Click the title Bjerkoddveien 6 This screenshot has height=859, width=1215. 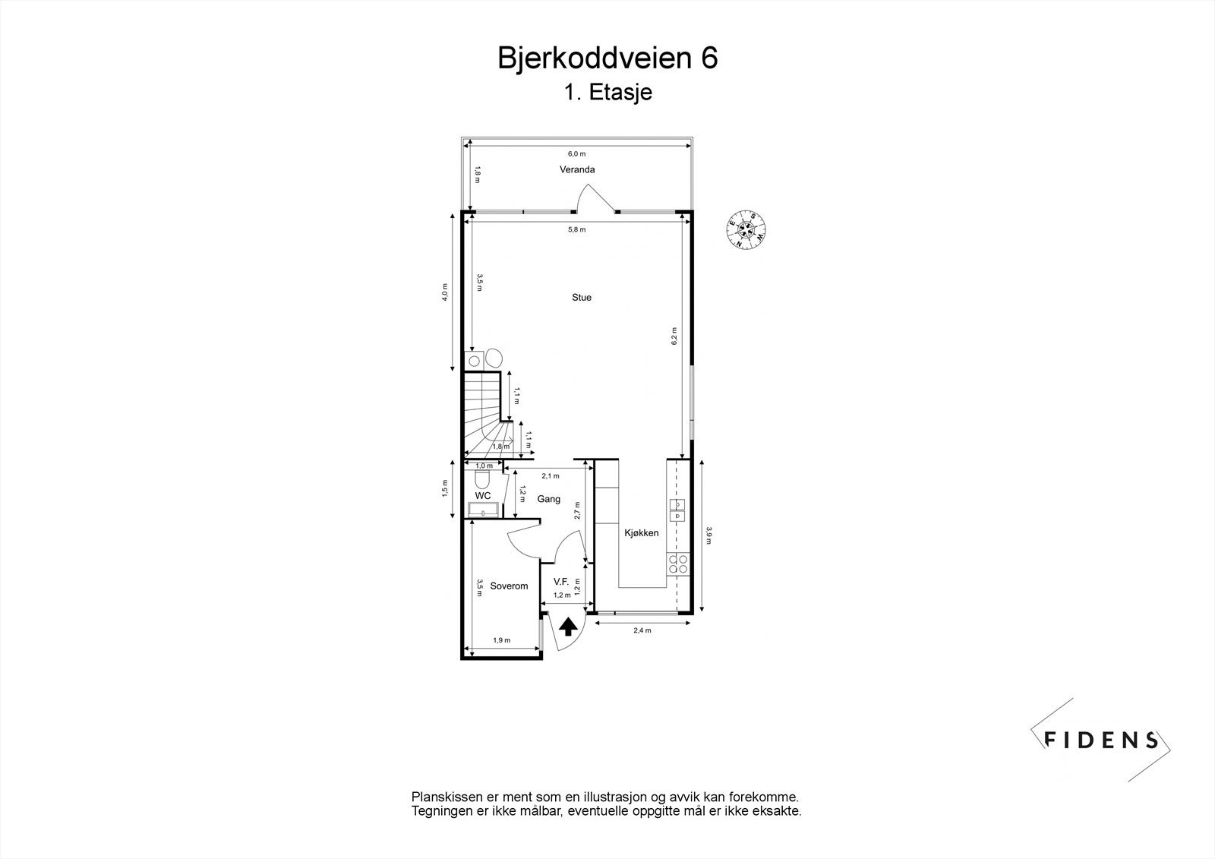(607, 58)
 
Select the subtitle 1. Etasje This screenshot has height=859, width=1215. (607, 93)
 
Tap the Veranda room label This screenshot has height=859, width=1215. (577, 169)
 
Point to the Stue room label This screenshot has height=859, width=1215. (582, 298)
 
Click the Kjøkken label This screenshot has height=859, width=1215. (642, 533)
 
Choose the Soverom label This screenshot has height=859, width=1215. (509, 586)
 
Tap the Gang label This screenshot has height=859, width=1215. (548, 499)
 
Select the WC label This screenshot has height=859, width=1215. (483, 495)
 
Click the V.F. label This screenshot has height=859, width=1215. (561, 581)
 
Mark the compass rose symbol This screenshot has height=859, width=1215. (746, 229)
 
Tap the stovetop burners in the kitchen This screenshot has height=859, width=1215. (677, 564)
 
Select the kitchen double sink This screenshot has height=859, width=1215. (677, 510)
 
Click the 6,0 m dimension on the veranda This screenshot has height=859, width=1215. (577, 153)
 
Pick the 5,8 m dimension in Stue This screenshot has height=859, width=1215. (577, 229)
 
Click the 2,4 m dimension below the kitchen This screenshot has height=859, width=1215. (642, 630)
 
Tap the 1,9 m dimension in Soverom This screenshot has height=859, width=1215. (502, 640)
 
